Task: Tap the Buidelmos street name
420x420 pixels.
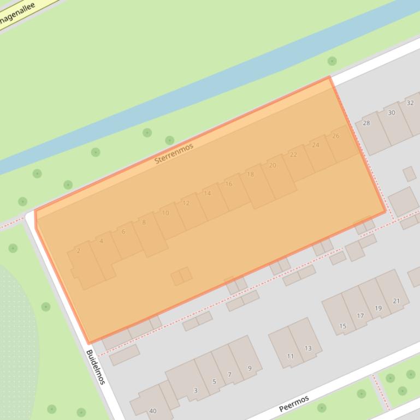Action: click(96, 367)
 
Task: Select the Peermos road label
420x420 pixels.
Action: click(294, 404)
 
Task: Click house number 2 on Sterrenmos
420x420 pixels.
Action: click(79, 251)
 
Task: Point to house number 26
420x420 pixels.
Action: click(335, 136)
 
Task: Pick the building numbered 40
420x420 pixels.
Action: click(152, 411)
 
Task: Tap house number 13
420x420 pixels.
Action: click(308, 349)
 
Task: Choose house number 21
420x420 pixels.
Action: click(396, 301)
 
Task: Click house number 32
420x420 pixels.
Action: click(410, 103)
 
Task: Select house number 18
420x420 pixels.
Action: click(250, 175)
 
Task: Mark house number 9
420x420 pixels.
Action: click(250, 368)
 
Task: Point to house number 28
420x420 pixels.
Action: click(366, 123)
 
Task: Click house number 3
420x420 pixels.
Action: click(196, 391)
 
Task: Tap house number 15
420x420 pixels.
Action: click(342, 326)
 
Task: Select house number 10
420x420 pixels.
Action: click(165, 213)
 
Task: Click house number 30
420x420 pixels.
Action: click(391, 113)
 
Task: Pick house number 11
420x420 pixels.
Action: click(290, 357)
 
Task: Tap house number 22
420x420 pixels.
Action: click(293, 155)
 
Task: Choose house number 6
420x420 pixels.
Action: click(123, 232)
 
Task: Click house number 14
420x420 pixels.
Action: click(207, 194)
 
